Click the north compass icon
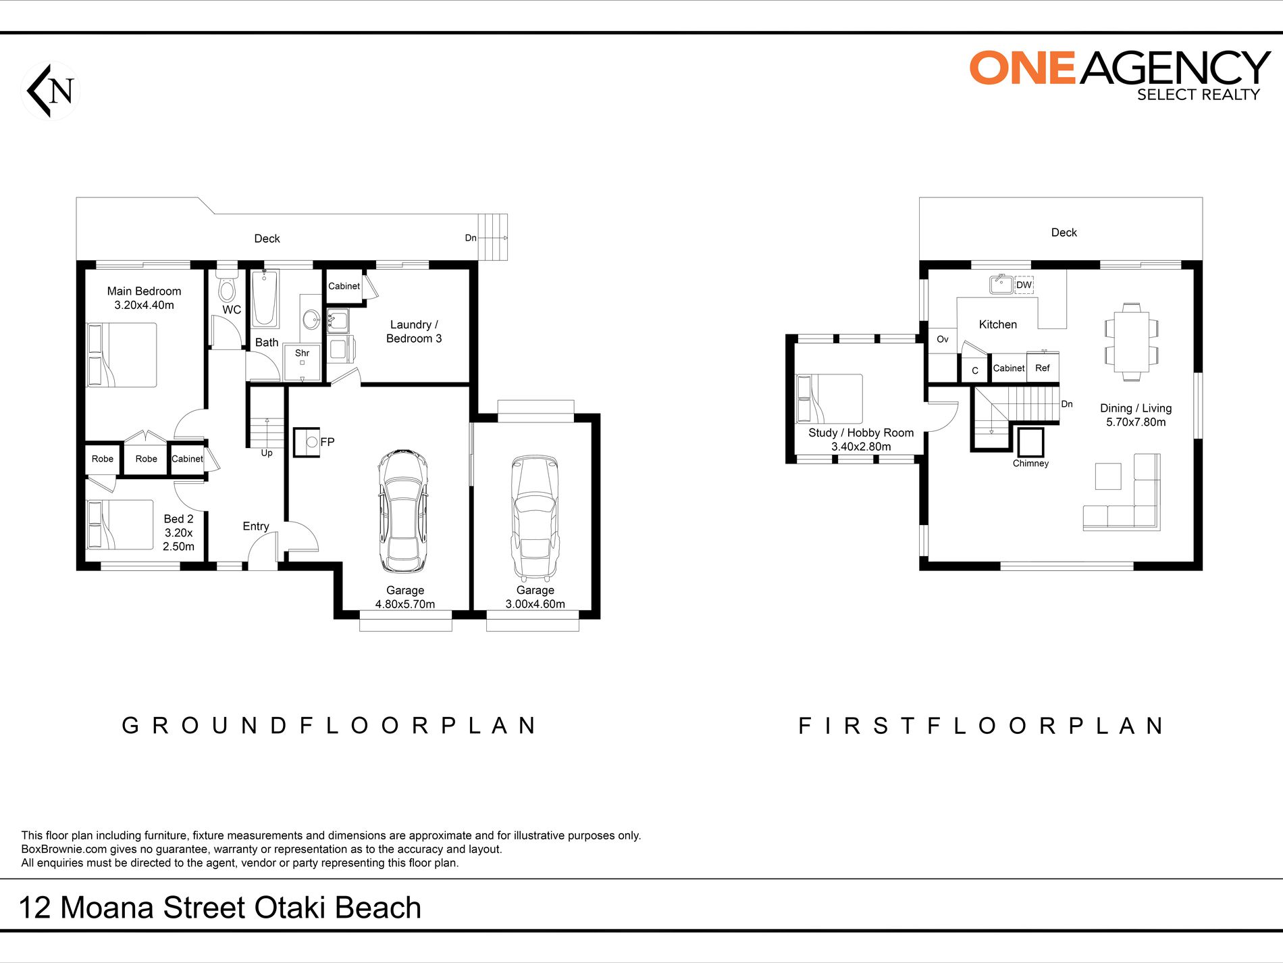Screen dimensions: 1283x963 51,91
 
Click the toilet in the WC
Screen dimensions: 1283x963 227,289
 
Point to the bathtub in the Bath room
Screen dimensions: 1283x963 265,299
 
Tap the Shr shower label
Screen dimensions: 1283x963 302,353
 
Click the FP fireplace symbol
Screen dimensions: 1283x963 307,442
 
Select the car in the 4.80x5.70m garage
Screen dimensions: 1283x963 403,512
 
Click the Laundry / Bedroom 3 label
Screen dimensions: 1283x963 414,332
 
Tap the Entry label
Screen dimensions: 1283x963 256,526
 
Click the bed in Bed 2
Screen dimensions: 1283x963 120,524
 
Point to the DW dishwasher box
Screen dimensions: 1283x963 1024,285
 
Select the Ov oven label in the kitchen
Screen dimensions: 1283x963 943,339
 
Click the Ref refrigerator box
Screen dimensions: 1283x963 1043,368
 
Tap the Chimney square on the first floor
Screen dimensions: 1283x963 1030,442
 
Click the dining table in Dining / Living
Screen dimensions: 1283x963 1132,341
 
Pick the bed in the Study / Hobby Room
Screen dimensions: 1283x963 829,399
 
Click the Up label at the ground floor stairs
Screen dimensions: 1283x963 267,453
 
